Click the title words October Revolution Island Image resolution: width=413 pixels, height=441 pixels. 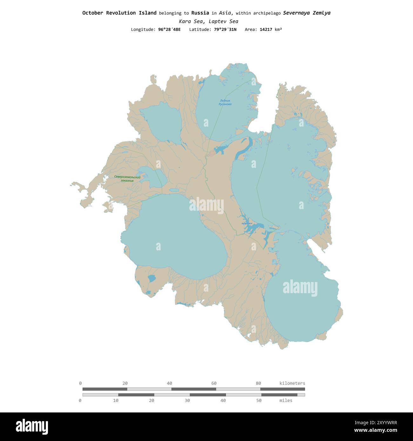pos(119,13)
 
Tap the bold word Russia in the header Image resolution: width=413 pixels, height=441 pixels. pos(200,13)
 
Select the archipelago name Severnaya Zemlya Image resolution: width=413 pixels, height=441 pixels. pos(307,13)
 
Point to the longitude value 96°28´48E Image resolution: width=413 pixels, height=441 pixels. pos(169,30)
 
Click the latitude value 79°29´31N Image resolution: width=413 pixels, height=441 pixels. pos(225,30)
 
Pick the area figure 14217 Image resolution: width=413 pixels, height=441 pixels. pos(266,30)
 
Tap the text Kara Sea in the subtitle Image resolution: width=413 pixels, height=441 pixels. pos(190,22)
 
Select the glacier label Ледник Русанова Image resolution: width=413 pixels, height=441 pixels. pos(225,102)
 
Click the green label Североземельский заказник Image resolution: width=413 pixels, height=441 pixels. pos(127,179)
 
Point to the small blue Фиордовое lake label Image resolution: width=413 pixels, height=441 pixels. pos(247,224)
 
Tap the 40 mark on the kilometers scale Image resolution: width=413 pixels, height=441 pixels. pos(169,383)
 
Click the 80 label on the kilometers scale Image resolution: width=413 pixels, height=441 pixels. pos(258,383)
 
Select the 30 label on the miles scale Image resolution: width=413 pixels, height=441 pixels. pos(187,401)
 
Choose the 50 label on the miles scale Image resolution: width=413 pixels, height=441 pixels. pos(259,401)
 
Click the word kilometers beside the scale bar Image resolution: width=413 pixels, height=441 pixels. pos(292,383)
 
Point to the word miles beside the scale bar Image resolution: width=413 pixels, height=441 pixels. pos(286,401)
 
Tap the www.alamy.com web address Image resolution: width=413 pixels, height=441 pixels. pos(376,430)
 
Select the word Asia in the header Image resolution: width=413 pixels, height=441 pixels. pos(226,13)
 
